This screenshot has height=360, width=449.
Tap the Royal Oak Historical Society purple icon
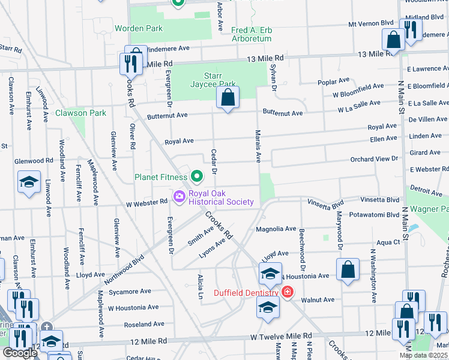(179, 197)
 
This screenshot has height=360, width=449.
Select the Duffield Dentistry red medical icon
(288, 292)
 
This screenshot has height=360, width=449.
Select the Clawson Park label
(80, 113)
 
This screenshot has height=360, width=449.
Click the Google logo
(20, 353)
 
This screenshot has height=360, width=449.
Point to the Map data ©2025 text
(423, 355)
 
